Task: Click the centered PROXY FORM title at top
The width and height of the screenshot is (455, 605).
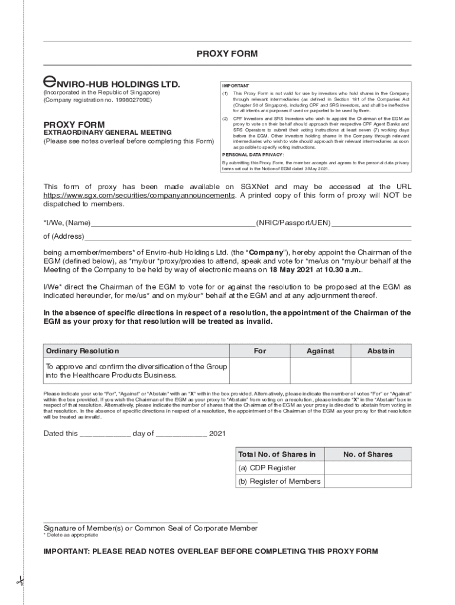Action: click(x=227, y=54)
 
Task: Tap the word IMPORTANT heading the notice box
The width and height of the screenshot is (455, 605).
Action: click(x=235, y=86)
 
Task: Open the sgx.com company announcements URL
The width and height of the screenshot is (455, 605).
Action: click(x=139, y=195)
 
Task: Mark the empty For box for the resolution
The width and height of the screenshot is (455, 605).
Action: click(x=260, y=372)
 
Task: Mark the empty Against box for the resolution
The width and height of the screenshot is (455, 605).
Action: click(x=320, y=372)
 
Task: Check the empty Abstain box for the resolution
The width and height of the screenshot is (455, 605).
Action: click(x=381, y=372)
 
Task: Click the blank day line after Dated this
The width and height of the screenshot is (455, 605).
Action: click(x=105, y=435)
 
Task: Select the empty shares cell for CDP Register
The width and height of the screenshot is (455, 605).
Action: click(x=368, y=468)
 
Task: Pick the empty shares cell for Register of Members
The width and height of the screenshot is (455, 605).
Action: click(x=368, y=482)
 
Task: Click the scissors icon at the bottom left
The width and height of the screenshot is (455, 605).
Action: click(x=19, y=581)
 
